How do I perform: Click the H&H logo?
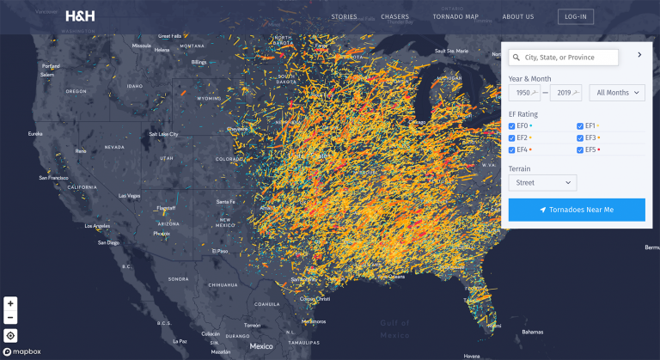(80, 15)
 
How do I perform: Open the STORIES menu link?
(344, 16)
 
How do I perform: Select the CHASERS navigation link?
(395, 16)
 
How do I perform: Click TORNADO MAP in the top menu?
(455, 16)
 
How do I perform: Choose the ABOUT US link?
(518, 16)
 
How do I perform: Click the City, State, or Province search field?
(564, 58)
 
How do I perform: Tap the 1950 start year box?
(524, 93)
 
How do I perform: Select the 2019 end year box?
(566, 93)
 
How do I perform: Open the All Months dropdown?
(617, 93)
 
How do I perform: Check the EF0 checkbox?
(512, 125)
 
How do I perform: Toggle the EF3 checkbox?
(580, 137)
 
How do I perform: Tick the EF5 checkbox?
(580, 149)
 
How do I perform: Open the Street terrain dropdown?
(542, 182)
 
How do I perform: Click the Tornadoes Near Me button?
(577, 210)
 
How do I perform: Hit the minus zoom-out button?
(10, 317)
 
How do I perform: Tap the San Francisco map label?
(52, 178)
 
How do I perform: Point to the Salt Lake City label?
(163, 134)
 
